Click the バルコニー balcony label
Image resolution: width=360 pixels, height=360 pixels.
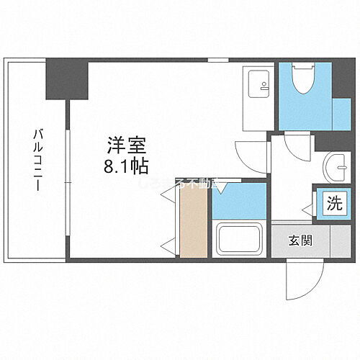coord(35,159)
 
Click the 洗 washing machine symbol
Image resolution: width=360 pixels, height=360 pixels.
coord(336,202)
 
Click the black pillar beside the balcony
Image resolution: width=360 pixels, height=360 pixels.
coord(66,79)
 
